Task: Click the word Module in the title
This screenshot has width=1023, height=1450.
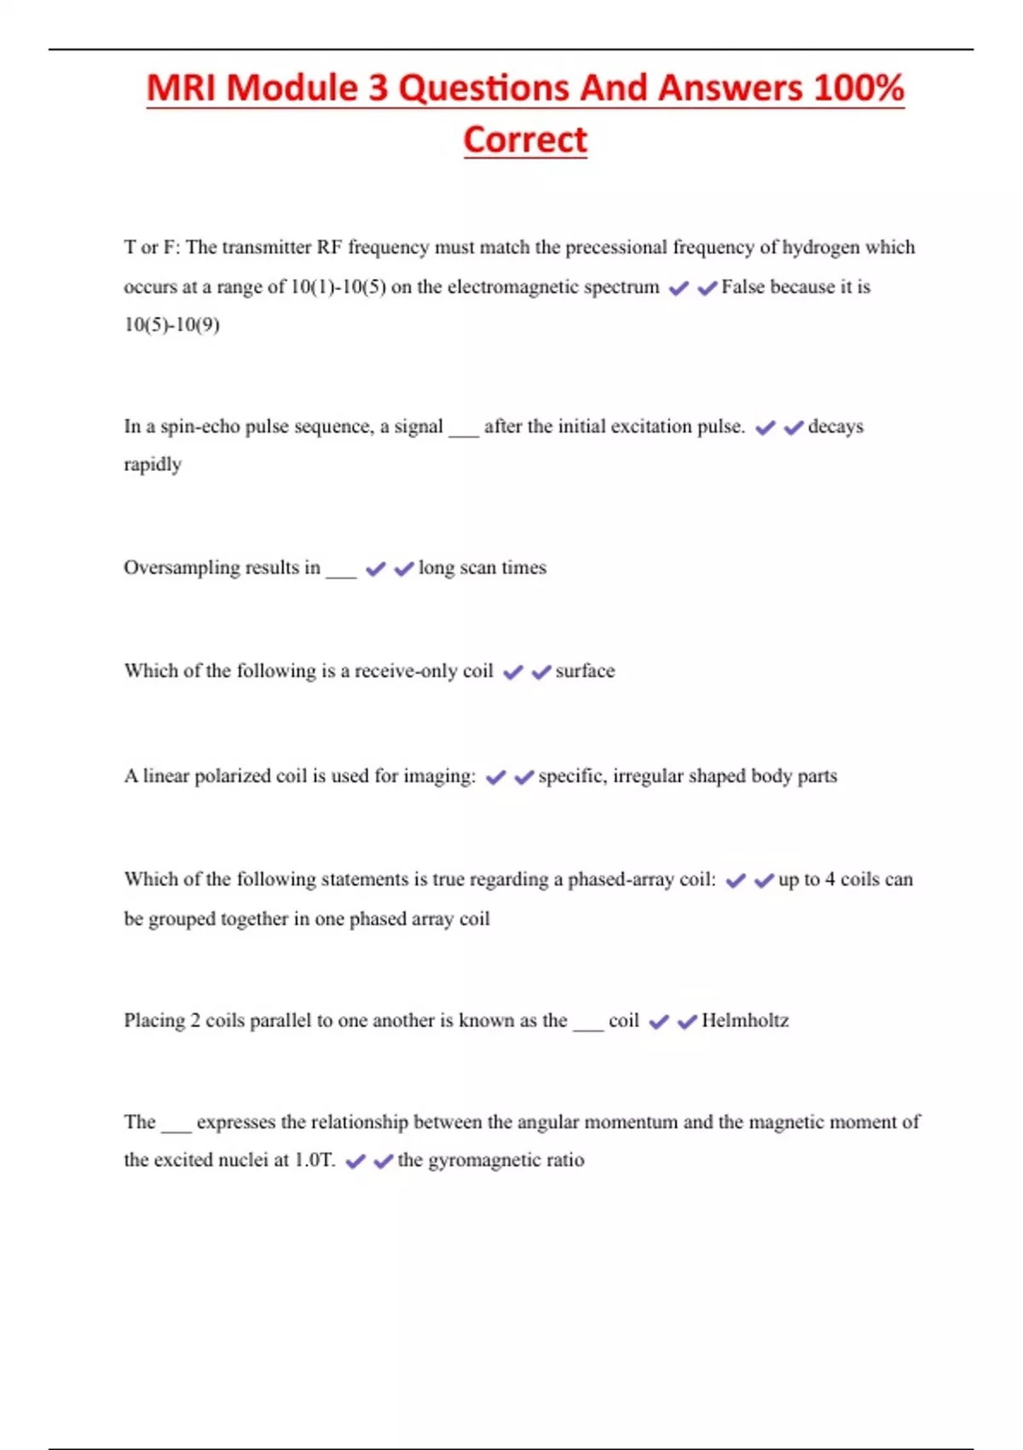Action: [x=292, y=89]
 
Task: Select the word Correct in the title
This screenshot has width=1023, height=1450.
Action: [x=525, y=140]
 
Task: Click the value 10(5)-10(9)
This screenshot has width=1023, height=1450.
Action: [x=171, y=325]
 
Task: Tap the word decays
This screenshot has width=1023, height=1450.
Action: [x=835, y=426]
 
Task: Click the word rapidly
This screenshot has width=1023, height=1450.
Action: [x=153, y=465]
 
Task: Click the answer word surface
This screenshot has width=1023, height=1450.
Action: [x=585, y=671]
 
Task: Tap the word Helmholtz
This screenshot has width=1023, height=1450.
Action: [x=745, y=1021]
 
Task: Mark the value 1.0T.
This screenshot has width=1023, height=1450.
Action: [x=315, y=1160]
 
